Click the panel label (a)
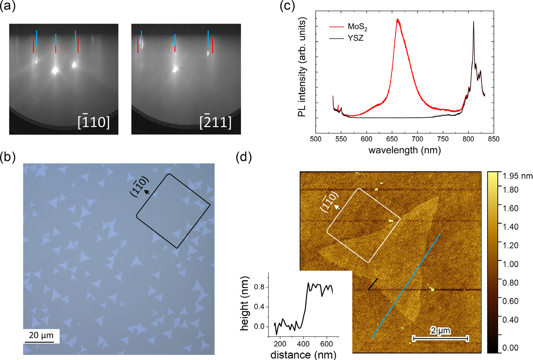[8, 6]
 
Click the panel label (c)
[287, 6]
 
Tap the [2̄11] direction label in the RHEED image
[215, 122]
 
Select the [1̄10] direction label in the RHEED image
[93, 122]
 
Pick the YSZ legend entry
[355, 38]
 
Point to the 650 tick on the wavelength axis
[392, 139]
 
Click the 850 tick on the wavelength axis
[494, 139]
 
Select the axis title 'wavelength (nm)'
[404, 150]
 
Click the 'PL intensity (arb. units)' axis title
[302, 68]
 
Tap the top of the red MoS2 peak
[397, 19]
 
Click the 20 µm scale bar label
[41, 335]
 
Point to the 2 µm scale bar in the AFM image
[440, 337]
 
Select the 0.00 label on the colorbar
[509, 347]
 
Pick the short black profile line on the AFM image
[373, 284]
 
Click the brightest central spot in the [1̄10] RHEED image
[55, 70]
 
